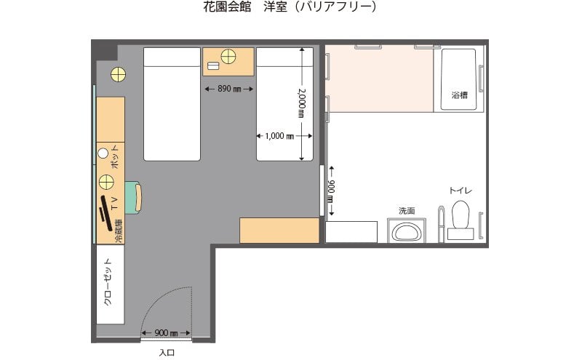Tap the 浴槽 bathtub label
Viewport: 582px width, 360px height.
point(459,95)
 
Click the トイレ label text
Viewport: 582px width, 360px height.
point(461,191)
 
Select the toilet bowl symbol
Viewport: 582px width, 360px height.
point(461,216)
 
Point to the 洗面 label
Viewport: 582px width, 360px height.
point(406,211)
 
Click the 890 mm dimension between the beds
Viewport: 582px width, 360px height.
point(228,89)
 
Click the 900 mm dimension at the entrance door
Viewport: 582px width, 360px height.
point(166,333)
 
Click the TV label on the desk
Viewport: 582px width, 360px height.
point(114,201)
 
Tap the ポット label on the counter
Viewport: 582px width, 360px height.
point(115,158)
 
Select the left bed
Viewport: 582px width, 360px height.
point(171,103)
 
